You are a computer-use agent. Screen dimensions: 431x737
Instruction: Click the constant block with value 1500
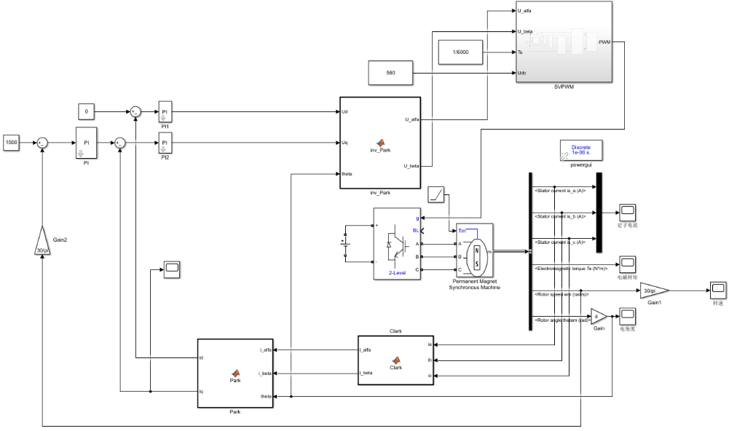tap(11, 143)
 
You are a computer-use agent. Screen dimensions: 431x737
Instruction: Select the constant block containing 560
tap(390, 73)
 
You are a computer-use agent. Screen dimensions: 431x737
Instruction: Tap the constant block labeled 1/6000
tap(460, 52)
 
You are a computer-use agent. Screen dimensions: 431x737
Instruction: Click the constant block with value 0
tap(87, 112)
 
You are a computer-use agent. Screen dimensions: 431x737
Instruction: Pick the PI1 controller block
tap(165, 112)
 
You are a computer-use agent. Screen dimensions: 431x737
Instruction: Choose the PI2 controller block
tap(165, 143)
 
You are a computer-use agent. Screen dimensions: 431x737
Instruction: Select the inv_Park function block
tap(380, 142)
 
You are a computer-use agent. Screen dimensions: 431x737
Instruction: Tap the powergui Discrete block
tap(581, 150)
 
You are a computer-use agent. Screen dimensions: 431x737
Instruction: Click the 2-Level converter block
tap(397, 244)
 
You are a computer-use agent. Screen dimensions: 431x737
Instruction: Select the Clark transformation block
tap(395, 361)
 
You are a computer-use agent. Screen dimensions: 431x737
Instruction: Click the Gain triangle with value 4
tap(598, 316)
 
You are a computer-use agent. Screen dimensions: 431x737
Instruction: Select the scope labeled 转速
tap(718, 290)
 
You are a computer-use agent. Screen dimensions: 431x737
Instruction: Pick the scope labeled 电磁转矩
tap(627, 264)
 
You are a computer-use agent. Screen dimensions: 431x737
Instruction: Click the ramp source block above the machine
tap(437, 194)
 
